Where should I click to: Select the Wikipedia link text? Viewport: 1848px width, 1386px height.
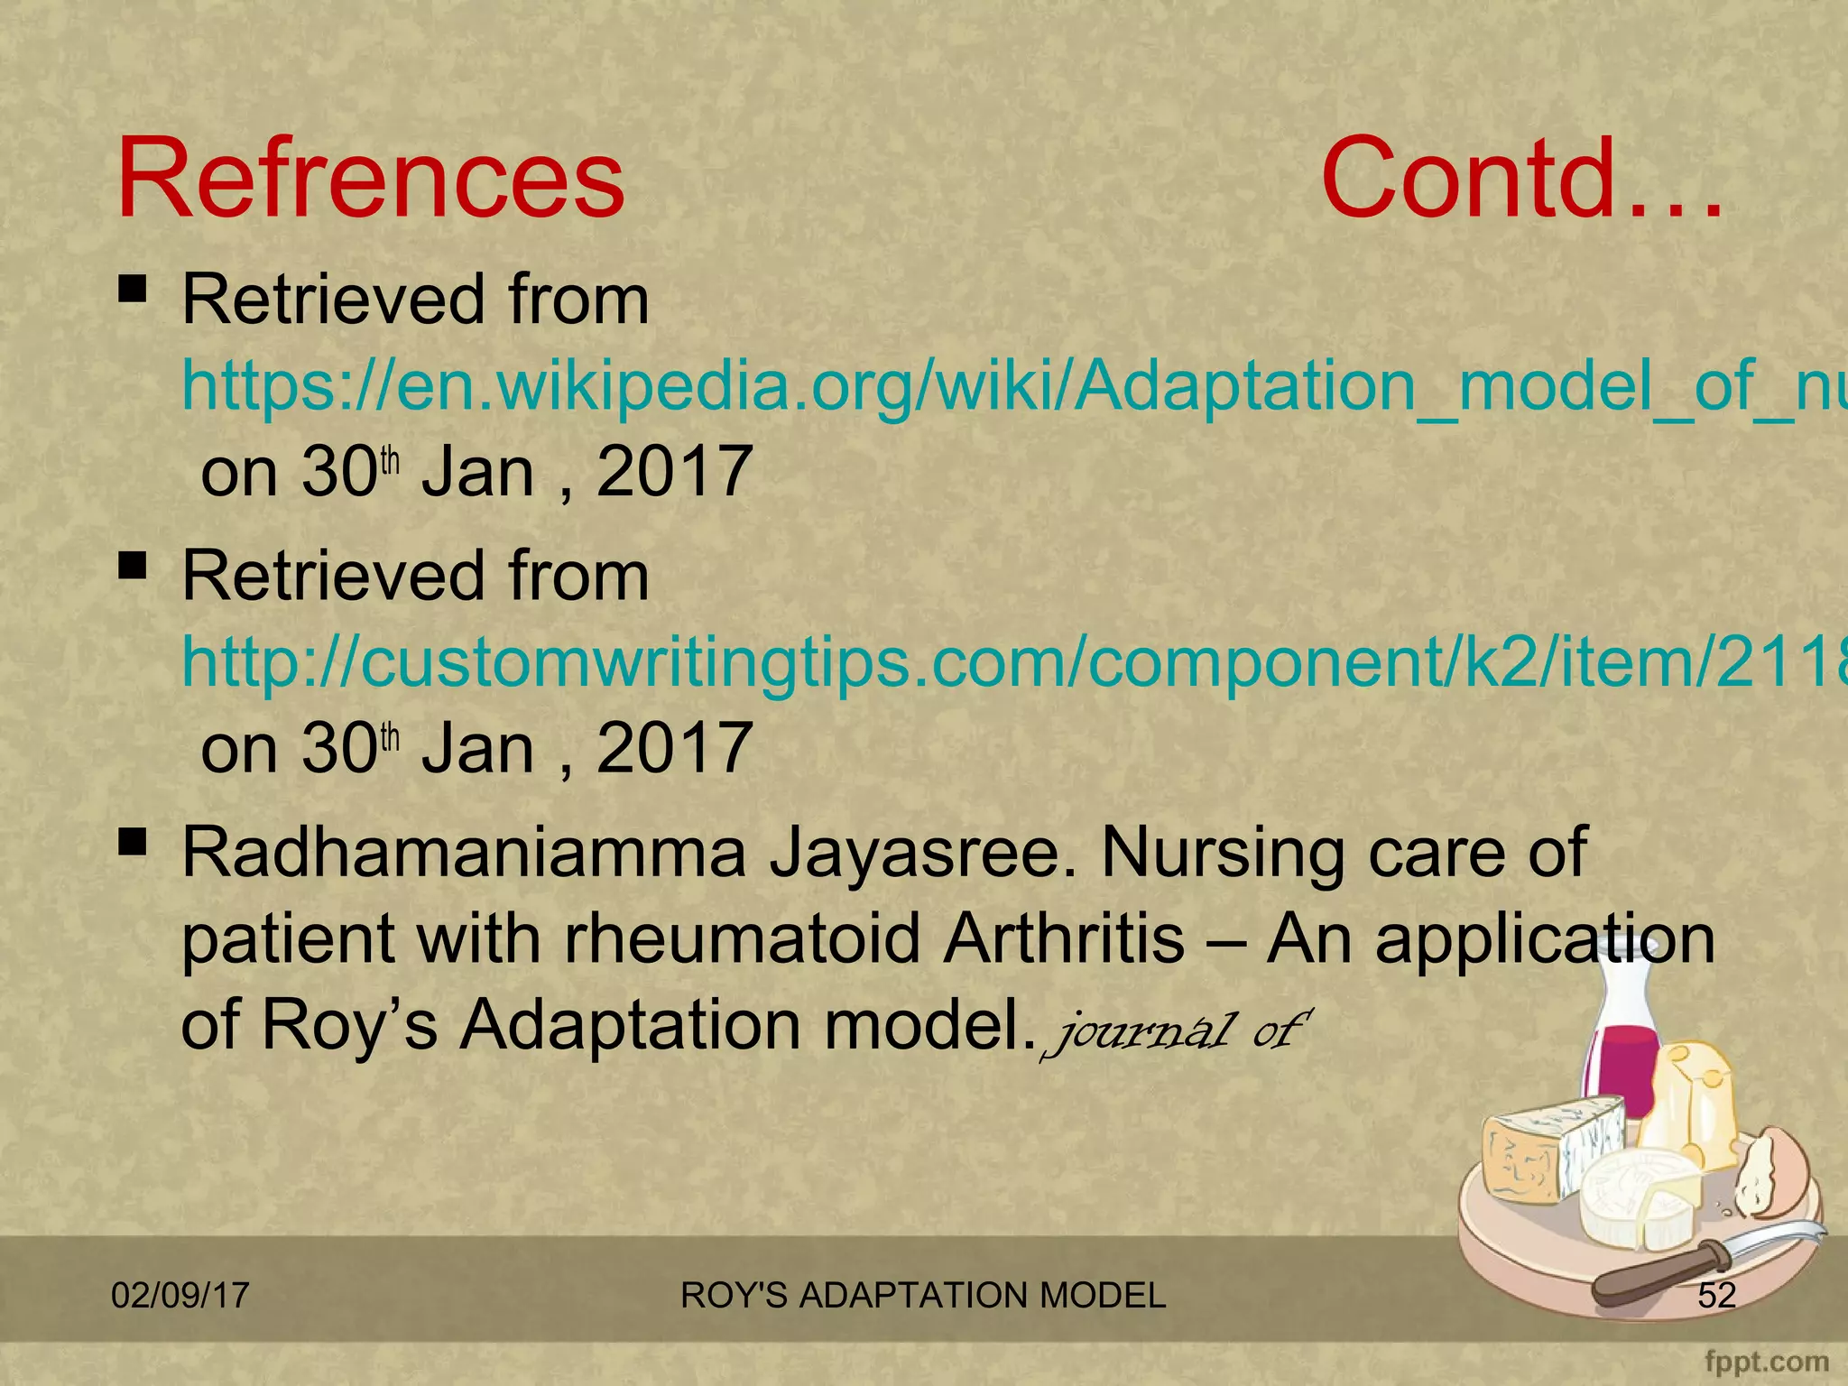point(1011,385)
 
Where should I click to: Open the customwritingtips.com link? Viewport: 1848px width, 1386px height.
point(1011,661)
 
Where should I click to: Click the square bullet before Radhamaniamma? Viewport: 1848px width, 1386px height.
point(133,843)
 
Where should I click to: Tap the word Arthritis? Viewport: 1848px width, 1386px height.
point(1064,938)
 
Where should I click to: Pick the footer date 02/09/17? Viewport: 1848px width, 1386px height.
point(180,1296)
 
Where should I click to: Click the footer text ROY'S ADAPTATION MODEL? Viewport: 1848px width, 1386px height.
point(923,1296)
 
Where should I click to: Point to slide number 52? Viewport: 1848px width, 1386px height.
point(1716,1296)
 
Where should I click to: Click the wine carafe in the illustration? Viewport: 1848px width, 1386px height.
point(1624,1029)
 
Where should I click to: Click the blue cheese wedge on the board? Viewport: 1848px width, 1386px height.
point(1552,1150)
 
